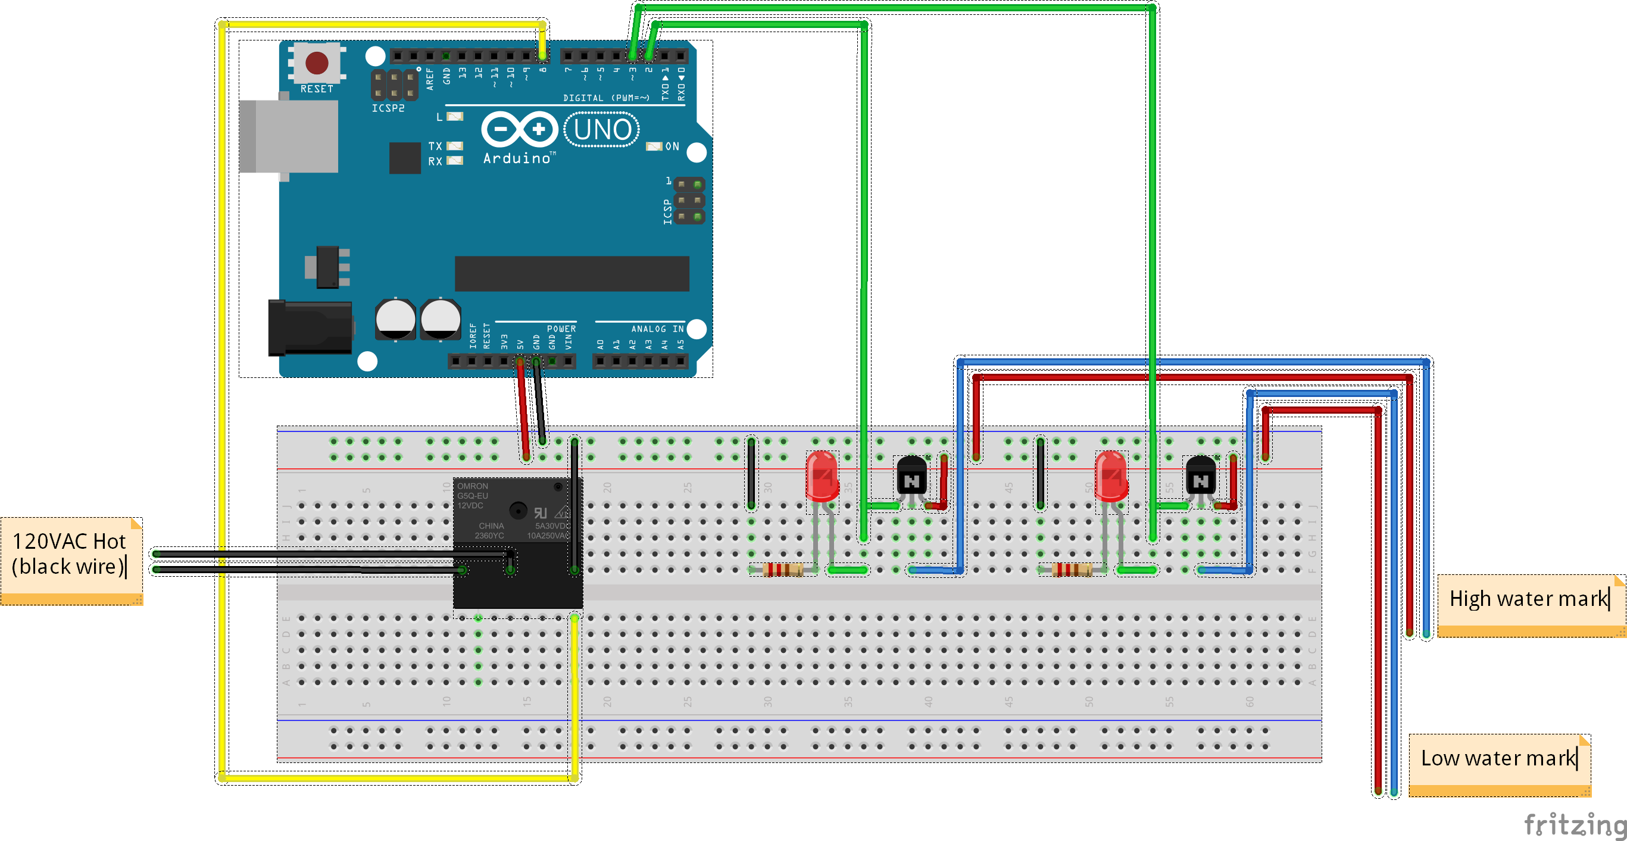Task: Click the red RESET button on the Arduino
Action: click(317, 62)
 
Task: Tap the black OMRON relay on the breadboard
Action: click(518, 543)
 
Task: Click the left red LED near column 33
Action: click(822, 477)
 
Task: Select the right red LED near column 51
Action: click(1111, 477)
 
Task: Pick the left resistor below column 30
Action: click(783, 570)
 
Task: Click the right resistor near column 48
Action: click(1071, 570)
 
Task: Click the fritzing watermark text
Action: click(1574, 824)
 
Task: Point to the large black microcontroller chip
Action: click(572, 273)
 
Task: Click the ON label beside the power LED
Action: click(672, 146)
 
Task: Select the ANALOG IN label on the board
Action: click(657, 329)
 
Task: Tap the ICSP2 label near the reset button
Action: click(388, 108)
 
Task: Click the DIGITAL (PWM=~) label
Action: click(605, 98)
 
